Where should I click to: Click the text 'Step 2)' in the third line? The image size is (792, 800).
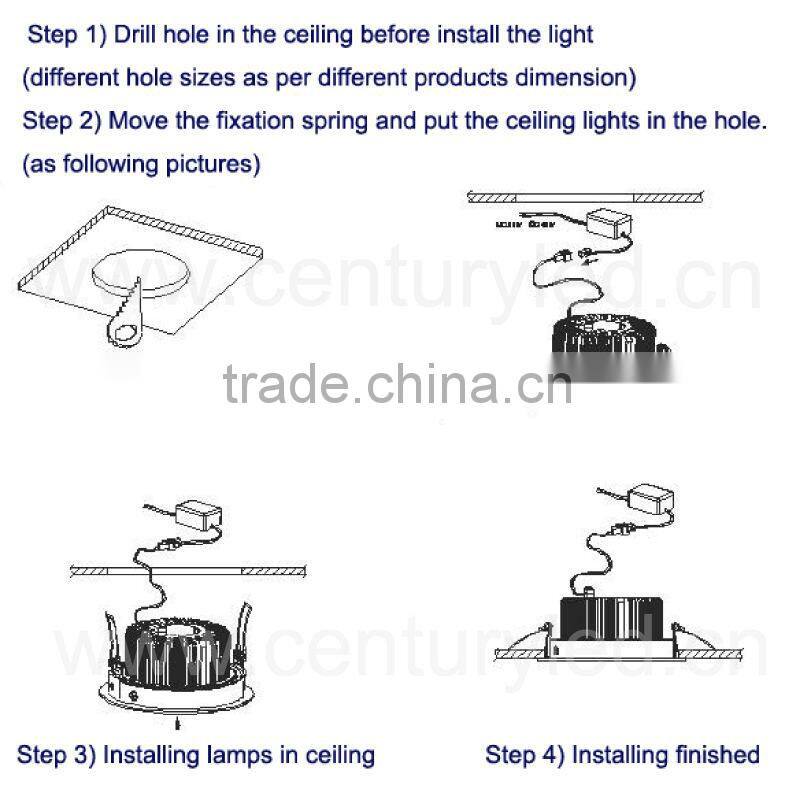point(62,121)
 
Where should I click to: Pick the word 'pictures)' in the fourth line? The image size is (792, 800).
point(211,163)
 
